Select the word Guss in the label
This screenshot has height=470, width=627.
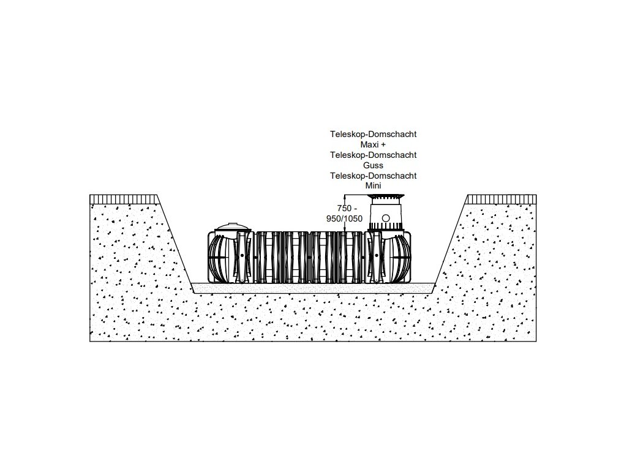coord(373,165)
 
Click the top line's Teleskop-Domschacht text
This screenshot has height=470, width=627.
coord(373,134)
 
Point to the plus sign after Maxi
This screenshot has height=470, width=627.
coord(383,144)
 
